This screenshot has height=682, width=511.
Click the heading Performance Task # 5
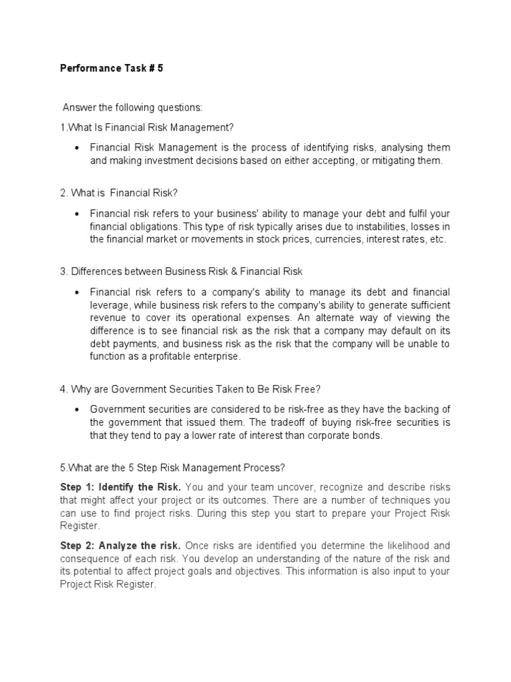coord(111,68)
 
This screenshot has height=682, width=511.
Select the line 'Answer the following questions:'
coord(132,108)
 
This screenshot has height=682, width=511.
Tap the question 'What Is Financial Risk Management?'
coord(147,127)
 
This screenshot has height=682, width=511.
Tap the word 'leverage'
coord(110,304)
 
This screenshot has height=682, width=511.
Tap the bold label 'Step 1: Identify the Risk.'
coord(120,488)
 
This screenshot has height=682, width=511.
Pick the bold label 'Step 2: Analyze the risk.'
coord(120,545)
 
